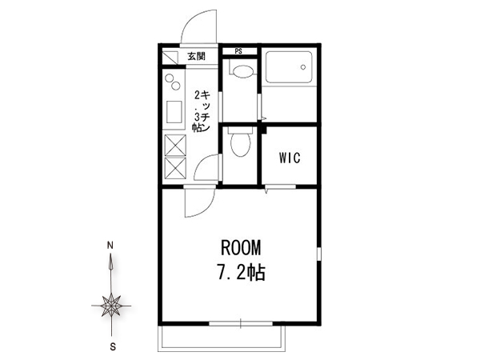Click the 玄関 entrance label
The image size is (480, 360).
point(197,56)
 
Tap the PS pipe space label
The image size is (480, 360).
point(238,51)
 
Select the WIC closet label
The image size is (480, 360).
point(290,158)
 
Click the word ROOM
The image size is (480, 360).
point(241,248)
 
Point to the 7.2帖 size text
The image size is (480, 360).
point(242,272)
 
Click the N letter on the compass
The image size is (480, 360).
point(110,246)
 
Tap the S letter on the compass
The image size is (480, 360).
point(113,347)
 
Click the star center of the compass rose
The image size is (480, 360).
point(111,306)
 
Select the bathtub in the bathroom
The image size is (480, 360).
point(289,67)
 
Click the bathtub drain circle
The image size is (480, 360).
point(303,67)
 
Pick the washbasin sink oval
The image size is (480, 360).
point(243,72)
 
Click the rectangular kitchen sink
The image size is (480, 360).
point(174,112)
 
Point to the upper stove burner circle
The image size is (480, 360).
point(170,78)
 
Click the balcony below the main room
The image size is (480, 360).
point(222,338)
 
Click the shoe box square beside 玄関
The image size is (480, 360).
point(170,58)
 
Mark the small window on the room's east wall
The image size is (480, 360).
point(318,254)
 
